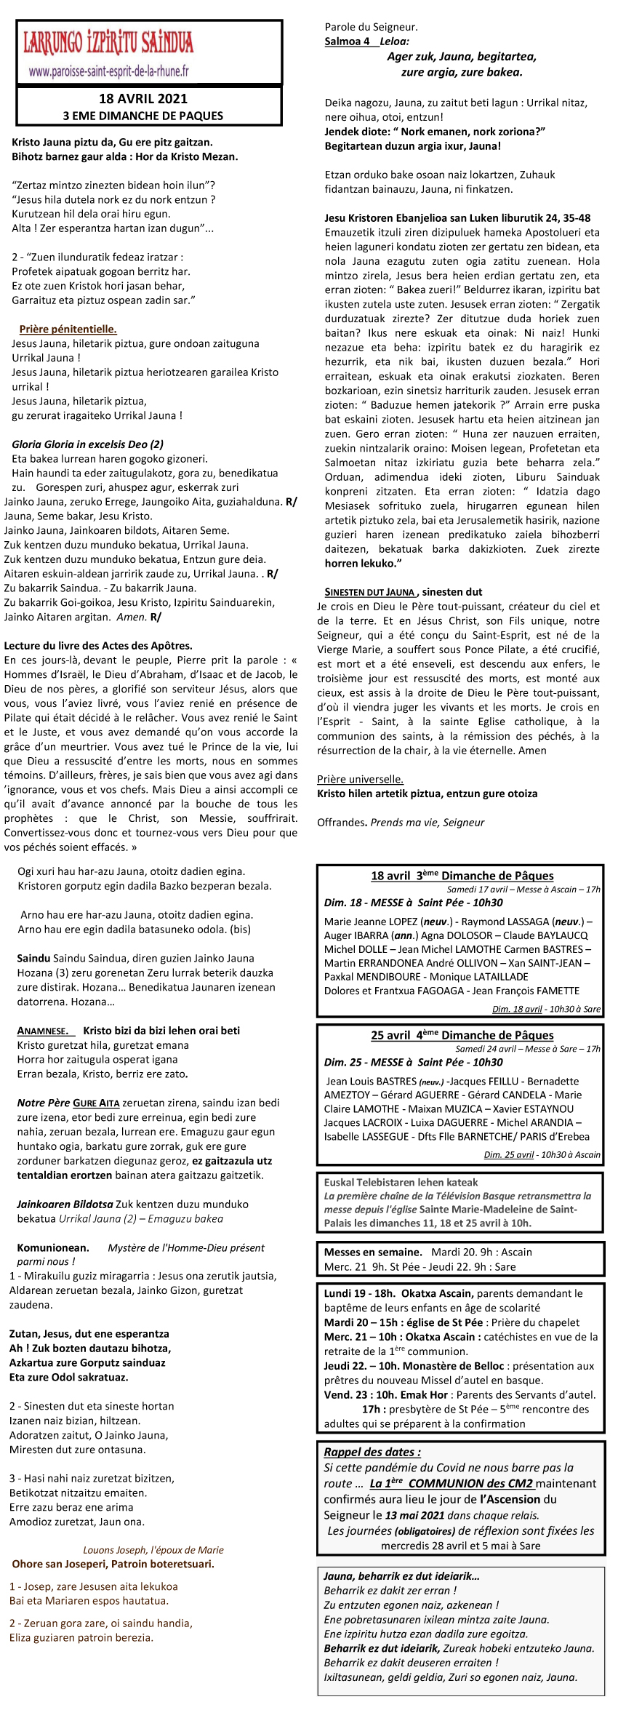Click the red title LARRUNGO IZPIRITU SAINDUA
108,44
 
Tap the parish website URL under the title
108,71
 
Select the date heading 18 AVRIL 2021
143,99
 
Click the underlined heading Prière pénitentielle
68,329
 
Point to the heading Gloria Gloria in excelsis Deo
87,444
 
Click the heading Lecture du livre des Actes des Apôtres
98,645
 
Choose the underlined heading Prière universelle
360,779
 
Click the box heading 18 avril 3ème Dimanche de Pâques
462,876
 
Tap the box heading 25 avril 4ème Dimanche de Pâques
462,1035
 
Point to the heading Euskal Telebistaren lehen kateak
401,1183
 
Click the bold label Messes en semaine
373,1252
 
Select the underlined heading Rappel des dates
372,1452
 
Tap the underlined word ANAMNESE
43,1031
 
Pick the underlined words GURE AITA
96,1103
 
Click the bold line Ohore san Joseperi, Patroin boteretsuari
113,1564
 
